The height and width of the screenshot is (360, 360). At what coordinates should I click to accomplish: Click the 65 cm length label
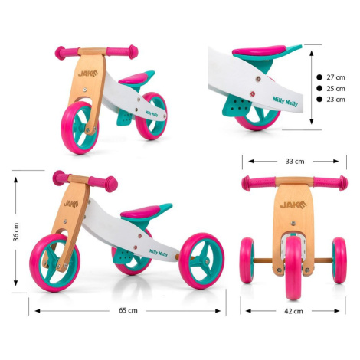point(128,310)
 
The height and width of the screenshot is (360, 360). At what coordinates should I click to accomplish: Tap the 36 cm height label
point(16,232)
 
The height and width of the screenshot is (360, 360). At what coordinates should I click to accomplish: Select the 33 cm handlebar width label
point(295,162)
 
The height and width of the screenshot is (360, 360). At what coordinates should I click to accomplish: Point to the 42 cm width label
point(293,311)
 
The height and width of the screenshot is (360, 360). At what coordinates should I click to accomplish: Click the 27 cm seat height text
point(335,77)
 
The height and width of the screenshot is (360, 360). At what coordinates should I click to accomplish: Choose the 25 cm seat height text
point(335,89)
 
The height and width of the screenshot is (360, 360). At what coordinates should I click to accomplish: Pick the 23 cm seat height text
point(335,100)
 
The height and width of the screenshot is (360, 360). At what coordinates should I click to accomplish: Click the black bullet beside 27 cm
point(319,77)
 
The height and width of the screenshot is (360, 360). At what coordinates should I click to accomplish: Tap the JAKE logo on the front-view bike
point(293,205)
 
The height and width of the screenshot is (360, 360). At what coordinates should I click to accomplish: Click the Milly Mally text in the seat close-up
point(285,101)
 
